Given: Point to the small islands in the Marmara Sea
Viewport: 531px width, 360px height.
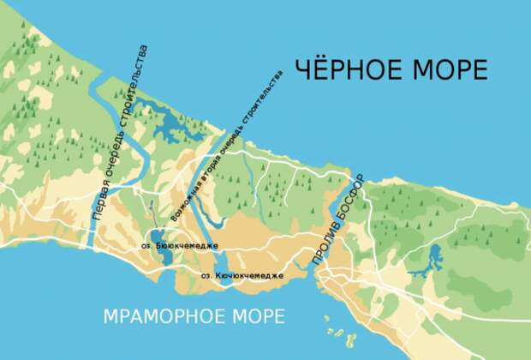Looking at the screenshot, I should (x=336, y=330).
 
